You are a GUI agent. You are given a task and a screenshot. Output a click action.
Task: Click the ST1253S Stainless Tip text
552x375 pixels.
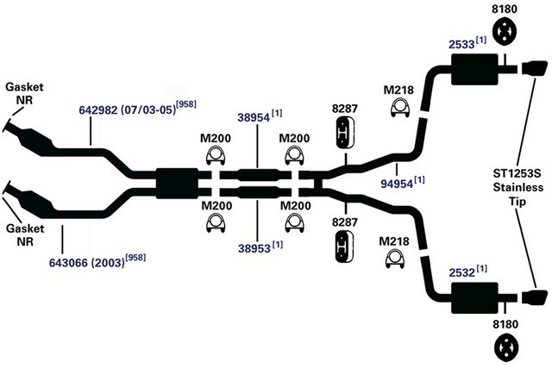click(517, 187)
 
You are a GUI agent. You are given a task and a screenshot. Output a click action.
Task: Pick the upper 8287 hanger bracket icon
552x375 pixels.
click(343, 133)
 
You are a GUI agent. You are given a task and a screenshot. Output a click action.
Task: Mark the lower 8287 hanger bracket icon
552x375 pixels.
click(344, 247)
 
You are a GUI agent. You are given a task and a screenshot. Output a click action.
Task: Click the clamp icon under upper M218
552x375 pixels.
click(400, 108)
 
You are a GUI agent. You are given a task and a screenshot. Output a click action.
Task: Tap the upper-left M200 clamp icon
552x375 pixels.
click(216, 155)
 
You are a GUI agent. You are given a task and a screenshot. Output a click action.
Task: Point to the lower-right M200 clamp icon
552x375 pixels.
click(295, 222)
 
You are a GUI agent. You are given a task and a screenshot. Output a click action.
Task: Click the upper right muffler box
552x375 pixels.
click(474, 69)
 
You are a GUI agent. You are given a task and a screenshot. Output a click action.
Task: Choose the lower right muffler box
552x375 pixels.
click(474, 298)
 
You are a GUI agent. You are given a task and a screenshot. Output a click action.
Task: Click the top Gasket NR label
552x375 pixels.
click(25, 93)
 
